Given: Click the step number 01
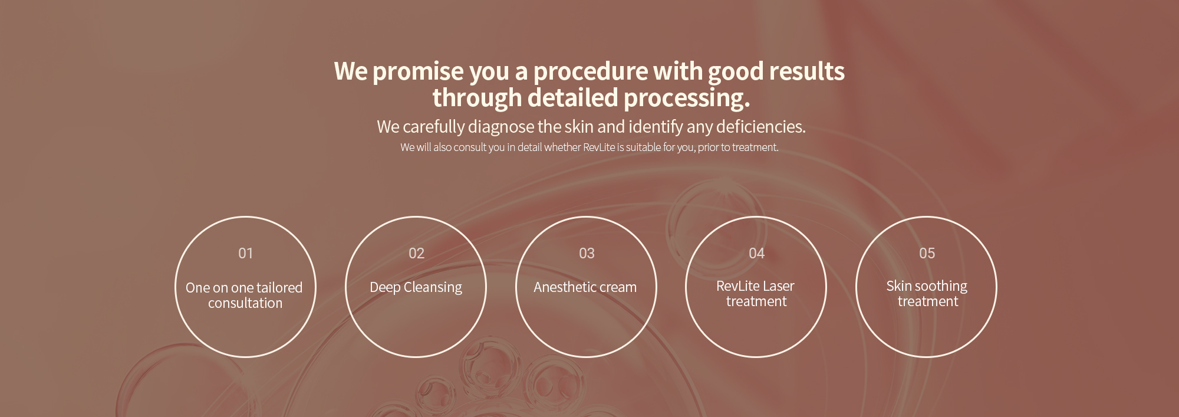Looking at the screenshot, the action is [x=245, y=253].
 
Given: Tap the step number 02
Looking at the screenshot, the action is [x=416, y=253].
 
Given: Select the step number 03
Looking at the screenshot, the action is [x=587, y=253].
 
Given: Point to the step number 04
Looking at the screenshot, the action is [x=756, y=253].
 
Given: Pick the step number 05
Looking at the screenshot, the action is [x=927, y=253].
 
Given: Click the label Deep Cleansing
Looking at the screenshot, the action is [x=416, y=287].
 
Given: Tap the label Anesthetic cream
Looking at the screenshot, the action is [x=585, y=287].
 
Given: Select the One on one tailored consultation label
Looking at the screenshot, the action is [x=244, y=295].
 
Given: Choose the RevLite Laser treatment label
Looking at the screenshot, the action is [x=756, y=294].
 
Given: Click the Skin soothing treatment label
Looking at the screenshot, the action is [x=927, y=294].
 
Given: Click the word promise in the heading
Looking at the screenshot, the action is [x=418, y=72].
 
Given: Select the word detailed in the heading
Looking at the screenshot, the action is [x=572, y=97].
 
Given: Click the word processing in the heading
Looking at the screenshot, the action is [x=687, y=98].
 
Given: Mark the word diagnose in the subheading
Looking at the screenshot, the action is [x=501, y=127].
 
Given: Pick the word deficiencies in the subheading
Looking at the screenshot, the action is [x=760, y=126].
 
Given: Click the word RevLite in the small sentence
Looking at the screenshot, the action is [x=599, y=147].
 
